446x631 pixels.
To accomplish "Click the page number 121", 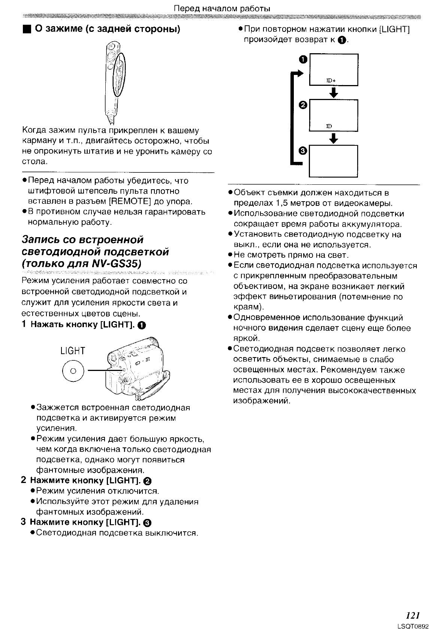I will click(x=412, y=615).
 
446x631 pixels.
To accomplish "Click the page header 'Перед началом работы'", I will click(x=223, y=8).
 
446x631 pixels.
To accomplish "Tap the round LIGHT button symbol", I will click(x=73, y=371).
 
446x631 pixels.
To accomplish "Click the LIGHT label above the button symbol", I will click(x=73, y=351).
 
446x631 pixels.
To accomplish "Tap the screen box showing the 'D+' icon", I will click(x=333, y=70).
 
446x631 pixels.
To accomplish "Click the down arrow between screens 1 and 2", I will click(x=333, y=93).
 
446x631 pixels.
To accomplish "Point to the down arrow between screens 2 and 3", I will click(x=333, y=139).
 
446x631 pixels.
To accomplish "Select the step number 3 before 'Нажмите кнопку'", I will click(x=23, y=522).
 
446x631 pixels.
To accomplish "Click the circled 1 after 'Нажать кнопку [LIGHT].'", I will click(x=141, y=325).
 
